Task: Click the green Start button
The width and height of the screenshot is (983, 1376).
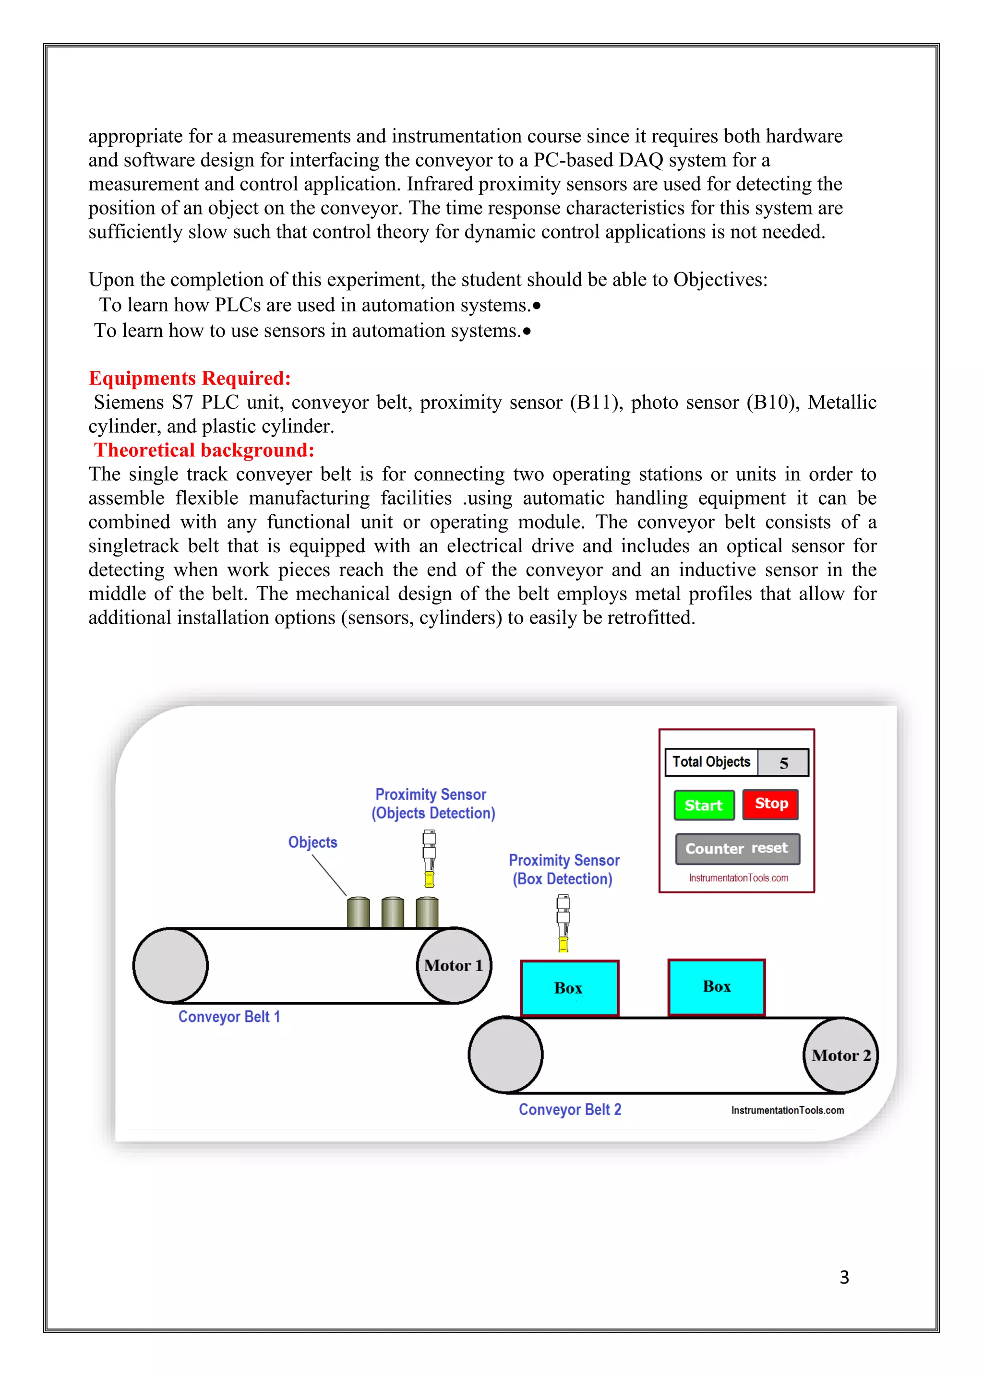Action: [x=703, y=805]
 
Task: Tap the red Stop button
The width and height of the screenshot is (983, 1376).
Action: [x=770, y=804]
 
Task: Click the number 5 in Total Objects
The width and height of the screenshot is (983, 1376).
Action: [x=783, y=762]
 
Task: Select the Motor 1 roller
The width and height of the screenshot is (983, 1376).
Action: [x=454, y=965]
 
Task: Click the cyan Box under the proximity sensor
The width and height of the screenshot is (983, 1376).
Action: [x=569, y=987]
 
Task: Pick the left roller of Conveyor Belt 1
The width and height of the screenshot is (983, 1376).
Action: [x=171, y=965]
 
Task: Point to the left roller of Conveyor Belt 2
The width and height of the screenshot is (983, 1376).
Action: [x=506, y=1055]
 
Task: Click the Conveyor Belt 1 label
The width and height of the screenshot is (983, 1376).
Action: [x=229, y=1017]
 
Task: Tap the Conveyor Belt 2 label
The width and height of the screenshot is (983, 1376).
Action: [x=570, y=1109]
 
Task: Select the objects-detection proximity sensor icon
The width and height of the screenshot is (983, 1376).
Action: [x=429, y=859]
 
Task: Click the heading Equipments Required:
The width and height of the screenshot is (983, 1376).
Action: [x=190, y=378]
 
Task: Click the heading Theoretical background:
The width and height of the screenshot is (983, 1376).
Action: [x=204, y=450]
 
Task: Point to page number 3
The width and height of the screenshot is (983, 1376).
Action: [x=844, y=1277]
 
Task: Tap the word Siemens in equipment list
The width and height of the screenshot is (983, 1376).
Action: [x=128, y=403]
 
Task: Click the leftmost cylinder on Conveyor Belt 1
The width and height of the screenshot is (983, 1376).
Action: [x=359, y=913]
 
